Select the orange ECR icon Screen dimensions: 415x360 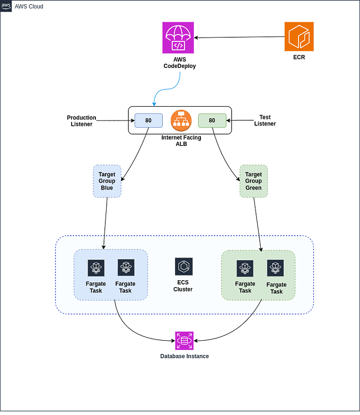[298, 37]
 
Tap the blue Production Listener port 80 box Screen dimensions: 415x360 [148, 120]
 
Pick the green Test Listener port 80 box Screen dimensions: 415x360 [212, 120]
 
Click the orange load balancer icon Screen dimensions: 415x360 [180, 120]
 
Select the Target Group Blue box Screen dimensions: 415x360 [107, 181]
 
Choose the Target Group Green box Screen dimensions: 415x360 [253, 181]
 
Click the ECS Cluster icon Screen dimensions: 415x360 [183, 266]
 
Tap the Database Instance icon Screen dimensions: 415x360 [185, 340]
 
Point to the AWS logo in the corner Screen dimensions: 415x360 [6, 6]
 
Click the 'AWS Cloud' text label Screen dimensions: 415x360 [29, 6]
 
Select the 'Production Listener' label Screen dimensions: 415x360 [81, 120]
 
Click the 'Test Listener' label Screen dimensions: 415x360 [265, 120]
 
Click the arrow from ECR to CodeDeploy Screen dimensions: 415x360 [239, 38]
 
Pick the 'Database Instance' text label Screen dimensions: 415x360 [185, 356]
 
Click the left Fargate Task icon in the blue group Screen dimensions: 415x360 [96, 268]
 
